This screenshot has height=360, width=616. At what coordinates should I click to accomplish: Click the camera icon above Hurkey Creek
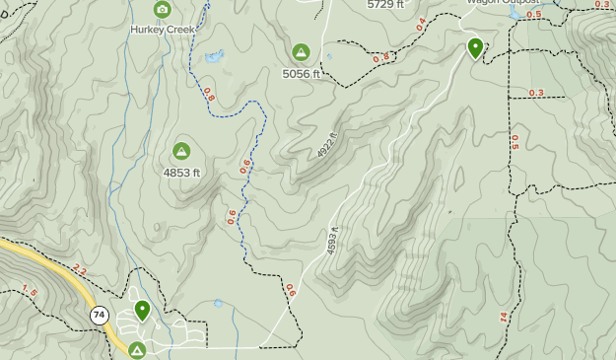164,10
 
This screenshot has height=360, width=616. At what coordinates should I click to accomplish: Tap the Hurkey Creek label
163,30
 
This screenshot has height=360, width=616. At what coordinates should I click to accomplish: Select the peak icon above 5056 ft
301,52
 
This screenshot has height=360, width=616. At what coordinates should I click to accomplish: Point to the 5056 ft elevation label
302,73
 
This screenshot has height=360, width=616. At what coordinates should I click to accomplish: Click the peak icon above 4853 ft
181,151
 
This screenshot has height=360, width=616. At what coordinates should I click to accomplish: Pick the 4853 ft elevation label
181,172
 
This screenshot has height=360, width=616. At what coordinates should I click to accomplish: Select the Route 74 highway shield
99,316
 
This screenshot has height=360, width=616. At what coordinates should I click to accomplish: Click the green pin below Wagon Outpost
475,47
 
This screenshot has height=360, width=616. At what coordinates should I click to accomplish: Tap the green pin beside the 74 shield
142,311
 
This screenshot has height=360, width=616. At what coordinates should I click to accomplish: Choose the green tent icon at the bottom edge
136,350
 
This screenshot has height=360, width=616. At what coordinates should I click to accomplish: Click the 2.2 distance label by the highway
80,271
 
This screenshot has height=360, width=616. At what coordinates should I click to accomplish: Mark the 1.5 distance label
30,291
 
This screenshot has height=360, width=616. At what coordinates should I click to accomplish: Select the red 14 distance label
503,317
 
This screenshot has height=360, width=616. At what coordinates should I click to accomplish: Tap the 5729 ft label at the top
385,4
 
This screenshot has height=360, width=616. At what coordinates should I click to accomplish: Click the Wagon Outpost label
503,2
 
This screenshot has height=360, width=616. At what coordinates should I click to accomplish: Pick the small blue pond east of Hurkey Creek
214,56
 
